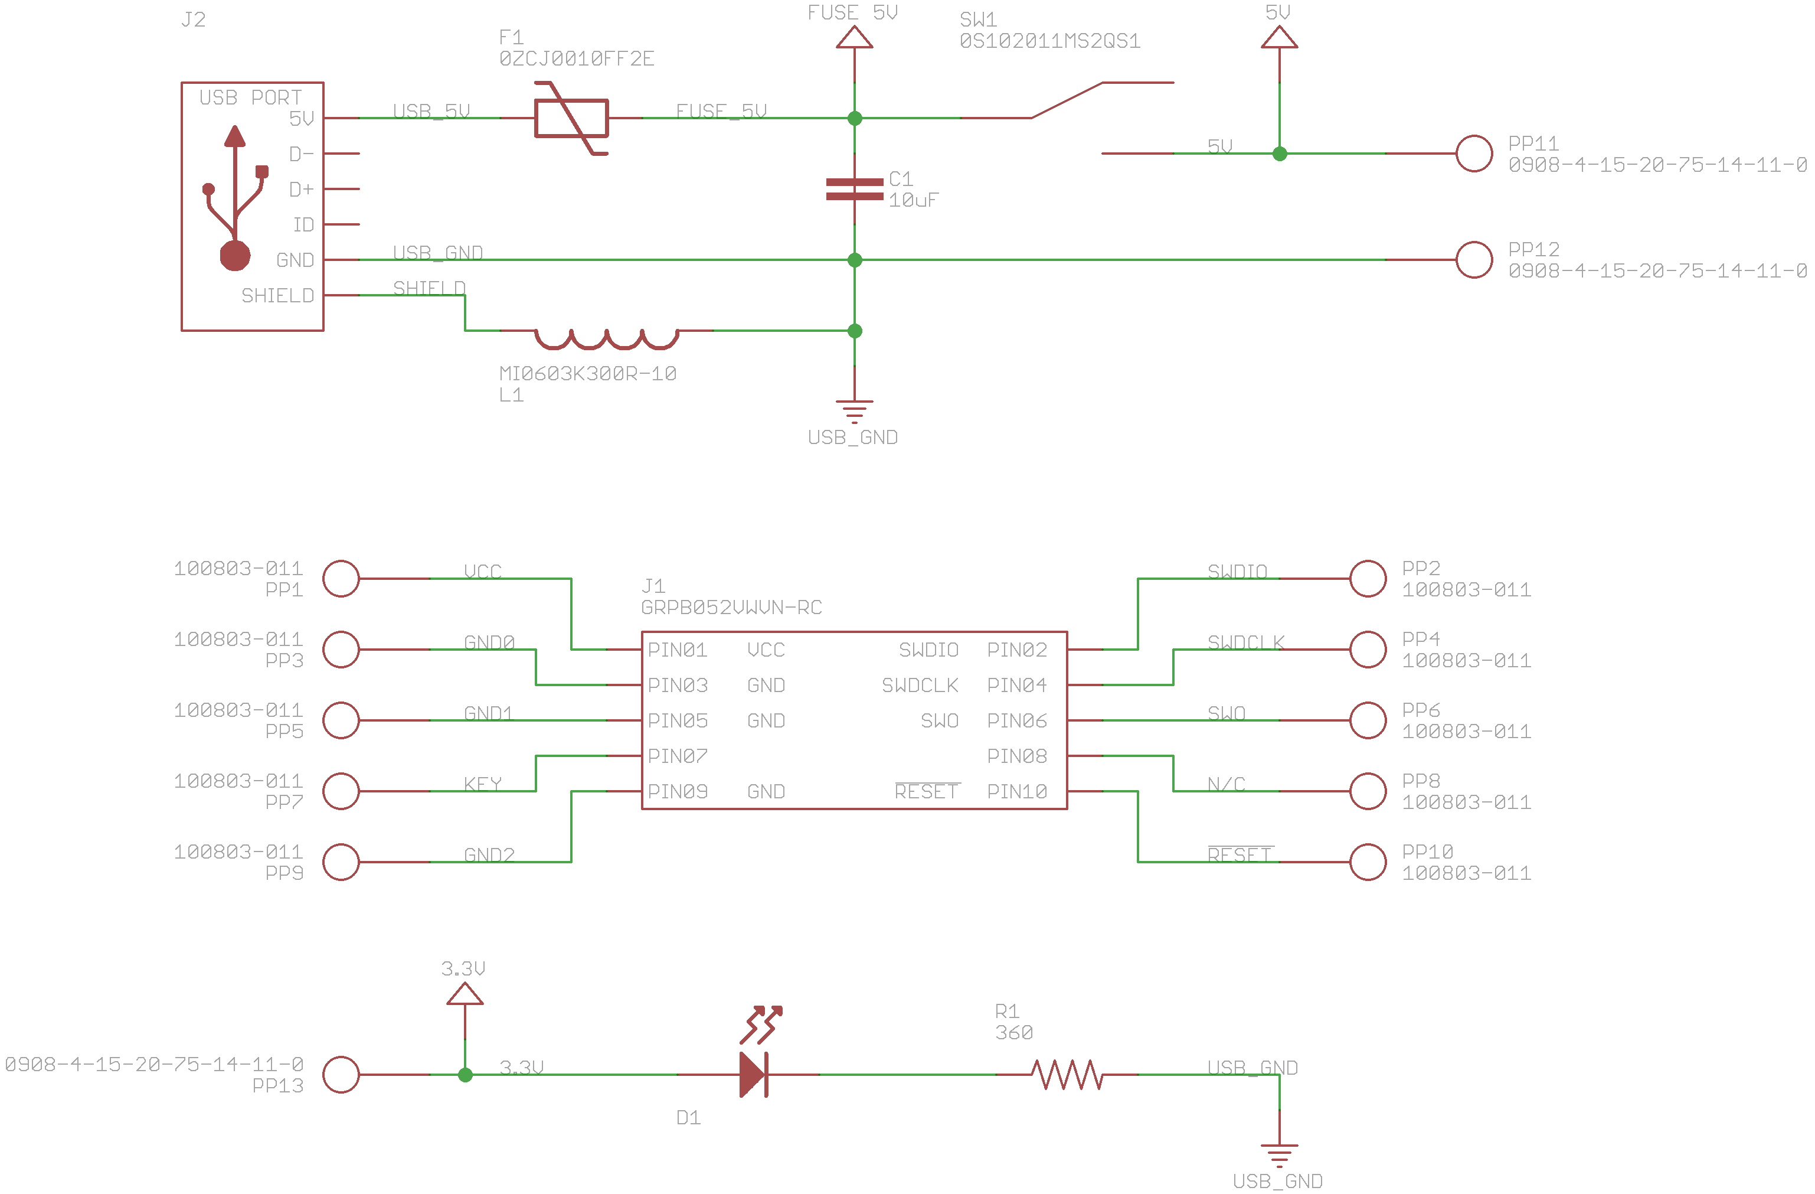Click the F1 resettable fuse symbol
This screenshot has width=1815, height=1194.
point(571,118)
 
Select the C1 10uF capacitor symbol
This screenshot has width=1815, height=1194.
point(854,189)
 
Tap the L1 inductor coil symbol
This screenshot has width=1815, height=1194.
point(606,337)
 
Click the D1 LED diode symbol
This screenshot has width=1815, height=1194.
point(754,1074)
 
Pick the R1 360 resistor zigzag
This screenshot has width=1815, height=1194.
point(1067,1074)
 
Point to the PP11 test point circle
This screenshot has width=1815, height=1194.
point(1473,154)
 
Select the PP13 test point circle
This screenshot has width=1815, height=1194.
point(341,1074)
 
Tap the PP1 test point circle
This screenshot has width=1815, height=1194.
point(341,578)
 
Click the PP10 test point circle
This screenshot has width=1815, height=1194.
point(1368,862)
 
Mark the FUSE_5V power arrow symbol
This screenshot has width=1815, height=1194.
point(854,38)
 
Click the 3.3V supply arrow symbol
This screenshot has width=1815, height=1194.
point(465,993)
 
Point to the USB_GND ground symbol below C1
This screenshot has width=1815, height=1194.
point(854,411)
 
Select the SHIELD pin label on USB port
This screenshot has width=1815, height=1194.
point(277,295)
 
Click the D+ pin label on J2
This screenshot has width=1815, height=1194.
point(301,189)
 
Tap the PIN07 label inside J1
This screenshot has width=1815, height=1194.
point(677,756)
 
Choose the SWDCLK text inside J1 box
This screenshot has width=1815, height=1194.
point(920,685)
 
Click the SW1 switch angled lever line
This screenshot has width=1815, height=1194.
point(1066,100)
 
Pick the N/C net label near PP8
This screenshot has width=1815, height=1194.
point(1225,784)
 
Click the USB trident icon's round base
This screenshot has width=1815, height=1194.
point(235,256)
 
